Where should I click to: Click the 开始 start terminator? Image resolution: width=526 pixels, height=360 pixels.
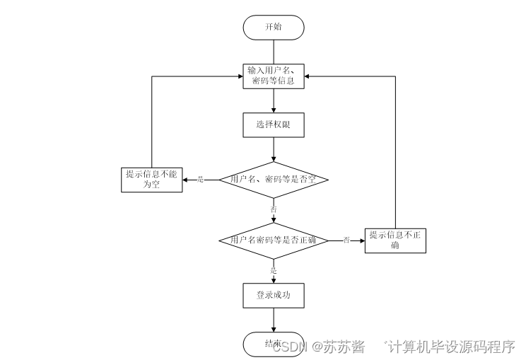point(273,27)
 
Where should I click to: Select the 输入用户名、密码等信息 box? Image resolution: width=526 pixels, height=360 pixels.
point(273,76)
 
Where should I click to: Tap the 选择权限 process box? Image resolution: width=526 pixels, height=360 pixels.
point(273,124)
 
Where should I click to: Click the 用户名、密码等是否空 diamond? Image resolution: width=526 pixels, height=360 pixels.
point(273,180)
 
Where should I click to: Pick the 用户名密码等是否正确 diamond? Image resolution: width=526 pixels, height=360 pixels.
point(273,240)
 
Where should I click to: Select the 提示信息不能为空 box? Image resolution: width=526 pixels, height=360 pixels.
point(151,180)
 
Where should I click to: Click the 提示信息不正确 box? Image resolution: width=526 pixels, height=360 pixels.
point(395,240)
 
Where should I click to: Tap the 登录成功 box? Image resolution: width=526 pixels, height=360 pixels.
point(273,296)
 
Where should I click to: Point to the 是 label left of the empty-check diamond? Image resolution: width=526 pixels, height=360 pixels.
point(200,180)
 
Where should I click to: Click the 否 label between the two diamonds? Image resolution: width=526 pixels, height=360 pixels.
point(274,210)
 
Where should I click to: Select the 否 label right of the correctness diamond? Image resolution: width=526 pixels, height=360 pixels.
point(346,240)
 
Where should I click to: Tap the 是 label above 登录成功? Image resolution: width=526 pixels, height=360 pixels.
point(274,269)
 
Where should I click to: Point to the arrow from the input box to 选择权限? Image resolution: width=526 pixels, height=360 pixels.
point(273,100)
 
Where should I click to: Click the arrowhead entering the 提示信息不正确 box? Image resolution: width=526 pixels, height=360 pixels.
point(361,240)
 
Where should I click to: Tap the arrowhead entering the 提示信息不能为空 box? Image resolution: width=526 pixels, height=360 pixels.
point(186,180)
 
